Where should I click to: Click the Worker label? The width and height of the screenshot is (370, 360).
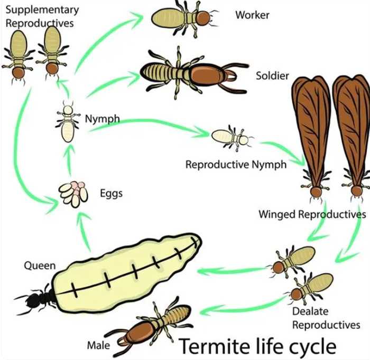point(252,15)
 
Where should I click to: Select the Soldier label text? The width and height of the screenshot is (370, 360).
point(272,76)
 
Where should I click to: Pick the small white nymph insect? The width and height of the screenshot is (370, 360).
point(67,124)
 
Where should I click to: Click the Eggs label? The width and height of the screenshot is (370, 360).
point(111,193)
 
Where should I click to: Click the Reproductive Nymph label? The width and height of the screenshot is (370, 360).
point(236,164)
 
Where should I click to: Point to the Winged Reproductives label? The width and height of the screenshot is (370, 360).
point(312,214)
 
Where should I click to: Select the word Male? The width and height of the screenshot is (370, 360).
point(98,346)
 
